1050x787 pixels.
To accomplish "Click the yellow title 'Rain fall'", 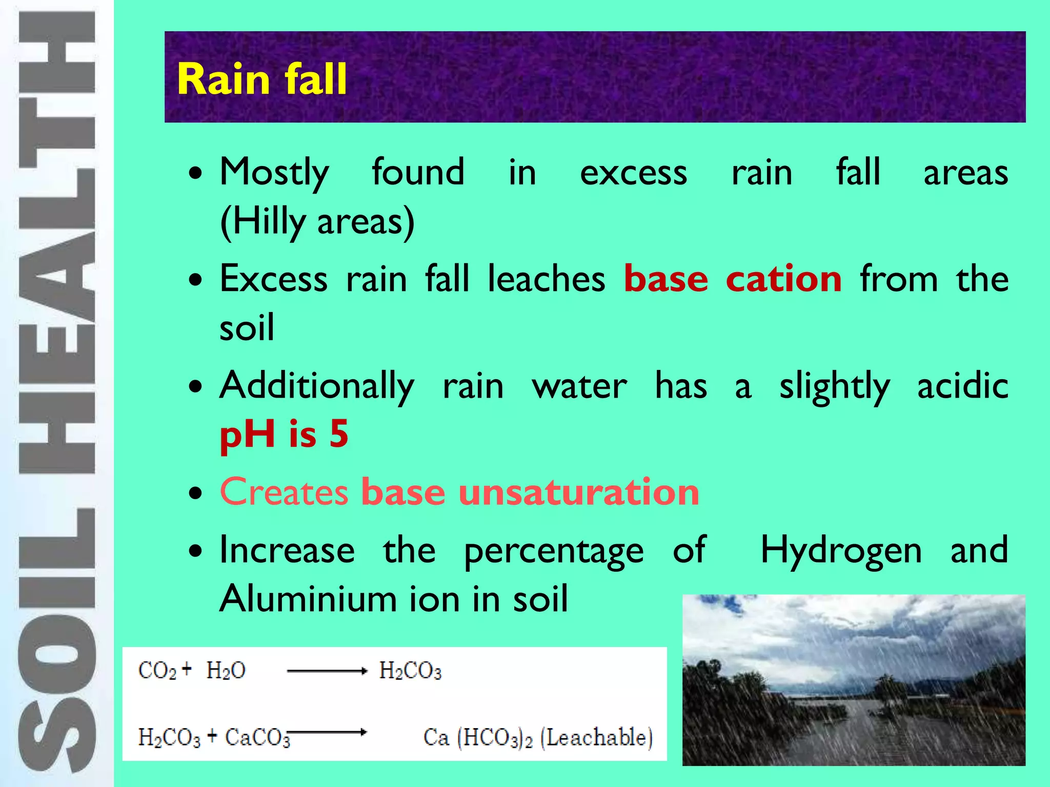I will point(262,79).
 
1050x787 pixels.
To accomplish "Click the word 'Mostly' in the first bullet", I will point(274,173).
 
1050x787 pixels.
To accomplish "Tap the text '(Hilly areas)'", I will point(317,222).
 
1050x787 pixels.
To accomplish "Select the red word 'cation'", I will point(783,279).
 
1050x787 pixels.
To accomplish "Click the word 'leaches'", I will point(546,279).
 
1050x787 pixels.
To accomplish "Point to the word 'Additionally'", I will point(317,386).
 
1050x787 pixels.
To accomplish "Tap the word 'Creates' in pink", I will point(284,492).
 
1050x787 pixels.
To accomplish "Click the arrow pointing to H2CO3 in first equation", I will point(327,671).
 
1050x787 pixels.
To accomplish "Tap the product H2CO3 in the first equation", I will point(410,671).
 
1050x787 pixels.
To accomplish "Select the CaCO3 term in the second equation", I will point(257,737).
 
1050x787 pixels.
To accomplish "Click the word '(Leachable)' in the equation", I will point(596,737).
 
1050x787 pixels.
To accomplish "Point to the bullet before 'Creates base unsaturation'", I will point(195,493).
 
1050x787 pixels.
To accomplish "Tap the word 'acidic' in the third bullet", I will point(962,386).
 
